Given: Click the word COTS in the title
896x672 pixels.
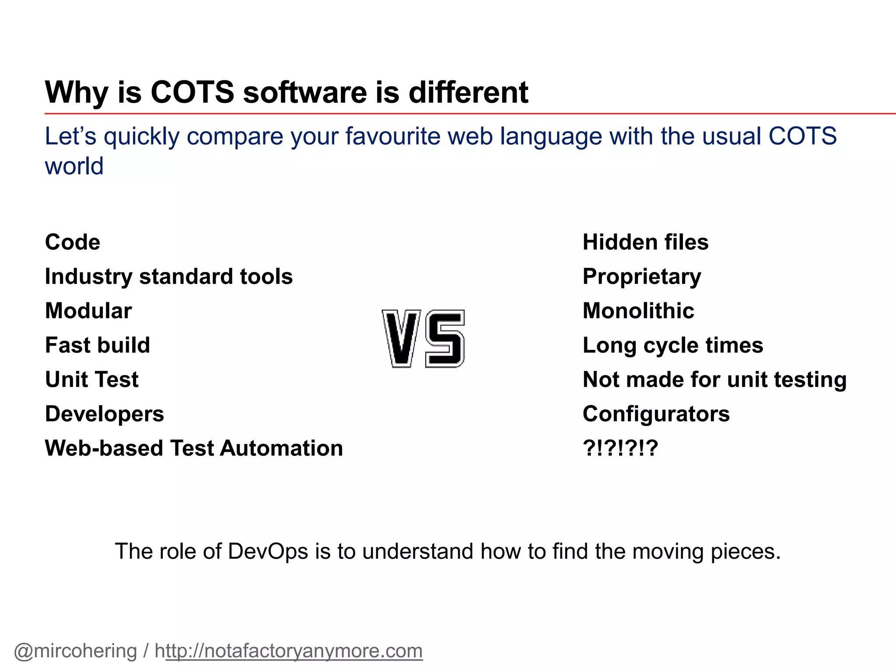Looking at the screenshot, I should [192, 92].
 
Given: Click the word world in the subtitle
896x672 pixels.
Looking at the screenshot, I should [74, 166].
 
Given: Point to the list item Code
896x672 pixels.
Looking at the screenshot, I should [73, 242].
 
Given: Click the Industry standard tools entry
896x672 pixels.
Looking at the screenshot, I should [169, 276].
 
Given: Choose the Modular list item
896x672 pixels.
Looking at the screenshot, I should [88, 311].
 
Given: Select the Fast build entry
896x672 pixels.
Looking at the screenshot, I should [98, 345].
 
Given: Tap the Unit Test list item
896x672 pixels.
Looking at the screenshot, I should [92, 379].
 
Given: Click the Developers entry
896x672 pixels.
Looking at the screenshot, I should [105, 414].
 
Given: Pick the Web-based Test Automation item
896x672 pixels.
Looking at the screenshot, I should [194, 448].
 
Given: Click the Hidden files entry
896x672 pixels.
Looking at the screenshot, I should [645, 242].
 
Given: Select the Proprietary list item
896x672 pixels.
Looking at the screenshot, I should [642, 276].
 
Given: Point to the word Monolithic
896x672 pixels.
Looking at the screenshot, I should [638, 311].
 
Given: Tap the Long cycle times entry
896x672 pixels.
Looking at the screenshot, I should [673, 345].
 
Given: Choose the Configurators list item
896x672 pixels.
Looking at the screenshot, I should [656, 414].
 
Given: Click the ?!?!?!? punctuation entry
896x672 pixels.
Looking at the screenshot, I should [620, 448].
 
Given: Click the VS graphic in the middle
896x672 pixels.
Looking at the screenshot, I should [423, 339].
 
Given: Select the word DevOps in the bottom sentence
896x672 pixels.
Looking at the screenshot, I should [268, 551].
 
